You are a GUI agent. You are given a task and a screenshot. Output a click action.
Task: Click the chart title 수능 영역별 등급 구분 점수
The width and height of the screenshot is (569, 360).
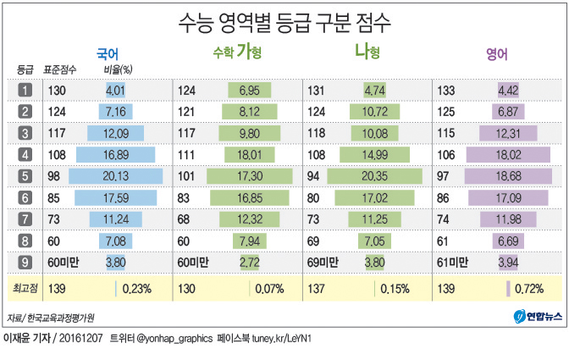(284, 21)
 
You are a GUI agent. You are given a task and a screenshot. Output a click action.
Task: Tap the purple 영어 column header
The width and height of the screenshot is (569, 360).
(497, 54)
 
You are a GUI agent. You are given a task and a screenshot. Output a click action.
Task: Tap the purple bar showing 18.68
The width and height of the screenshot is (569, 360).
(505, 176)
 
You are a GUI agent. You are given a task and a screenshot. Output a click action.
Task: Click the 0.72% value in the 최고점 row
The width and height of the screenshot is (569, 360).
(528, 289)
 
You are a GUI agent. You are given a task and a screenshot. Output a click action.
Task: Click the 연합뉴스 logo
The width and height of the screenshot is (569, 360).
(537, 317)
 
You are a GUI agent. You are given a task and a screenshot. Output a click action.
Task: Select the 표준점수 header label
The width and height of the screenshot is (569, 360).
(59, 69)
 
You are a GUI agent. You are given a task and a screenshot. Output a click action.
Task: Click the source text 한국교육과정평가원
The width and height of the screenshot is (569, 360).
(61, 318)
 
